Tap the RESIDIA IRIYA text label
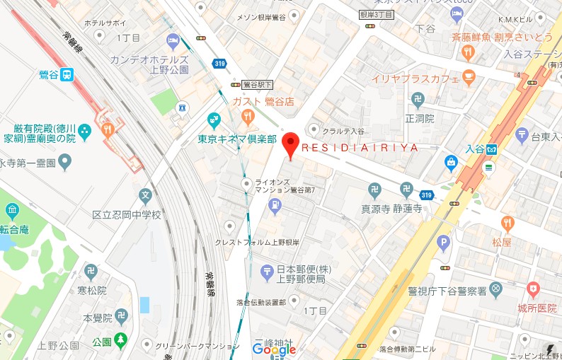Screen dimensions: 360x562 [x=360, y=149]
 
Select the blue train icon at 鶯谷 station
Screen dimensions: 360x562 [x=67, y=74]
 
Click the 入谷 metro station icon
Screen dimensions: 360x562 [x=495, y=149]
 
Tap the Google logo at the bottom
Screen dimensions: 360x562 [x=274, y=349]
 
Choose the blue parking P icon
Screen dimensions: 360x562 [x=444, y=244]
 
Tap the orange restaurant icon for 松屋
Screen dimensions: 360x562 [x=507, y=224]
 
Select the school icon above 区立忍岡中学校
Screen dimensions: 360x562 [x=145, y=194]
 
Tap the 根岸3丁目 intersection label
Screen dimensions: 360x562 [x=375, y=13]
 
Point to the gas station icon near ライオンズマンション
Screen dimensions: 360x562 [x=275, y=206]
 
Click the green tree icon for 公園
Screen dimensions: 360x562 [x=121, y=342]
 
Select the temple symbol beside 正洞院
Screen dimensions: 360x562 [x=418, y=98]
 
